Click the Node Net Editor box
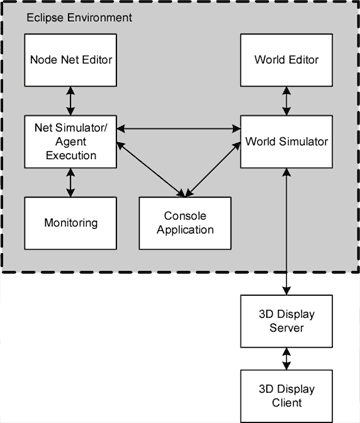point(69,60)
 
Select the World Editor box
point(288,60)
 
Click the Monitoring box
point(69,222)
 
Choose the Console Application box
point(184,222)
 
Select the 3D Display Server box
point(288,320)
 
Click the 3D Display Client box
point(288,394)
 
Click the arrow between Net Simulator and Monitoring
point(69,181)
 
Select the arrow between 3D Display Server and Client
point(288,357)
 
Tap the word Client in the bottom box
point(288,402)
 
